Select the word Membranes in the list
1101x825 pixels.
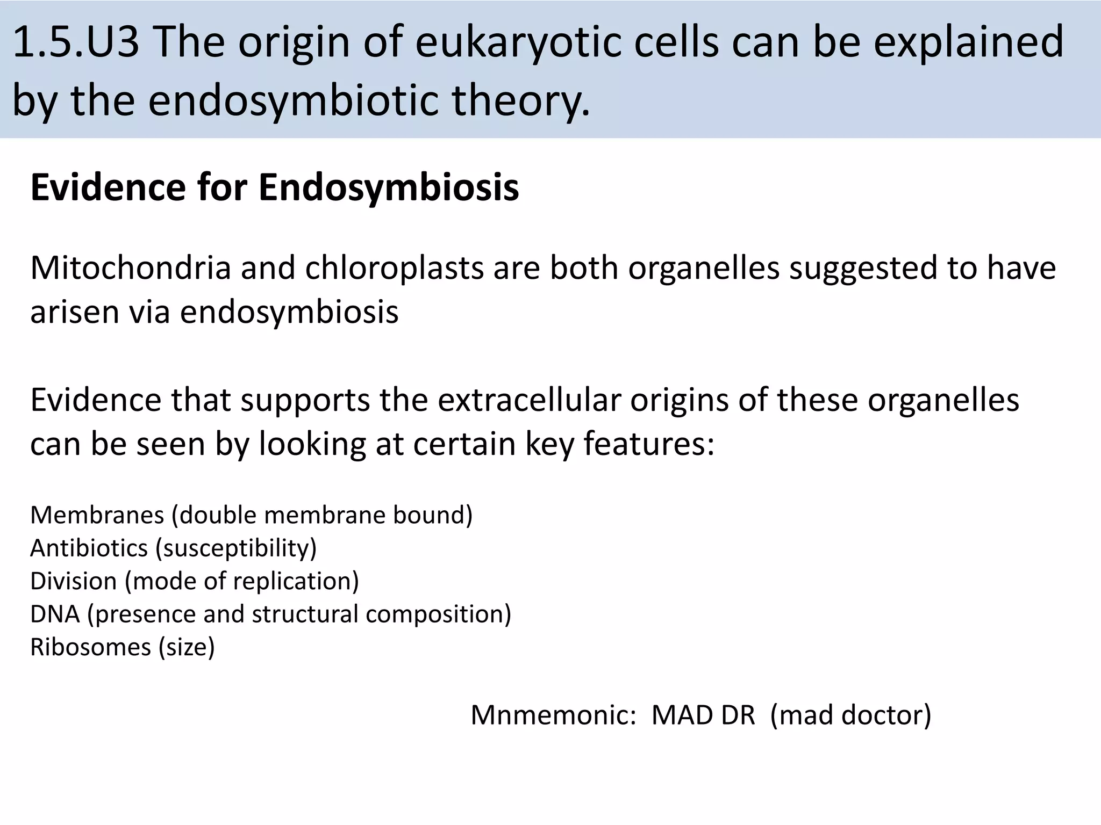pos(97,515)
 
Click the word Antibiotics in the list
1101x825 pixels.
pos(89,548)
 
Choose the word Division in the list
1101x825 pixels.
pos(74,581)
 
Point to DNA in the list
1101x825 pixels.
pos(55,614)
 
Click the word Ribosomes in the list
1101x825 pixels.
pos(90,647)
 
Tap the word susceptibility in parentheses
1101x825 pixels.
pos(236,548)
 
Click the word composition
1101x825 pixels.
pos(435,614)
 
